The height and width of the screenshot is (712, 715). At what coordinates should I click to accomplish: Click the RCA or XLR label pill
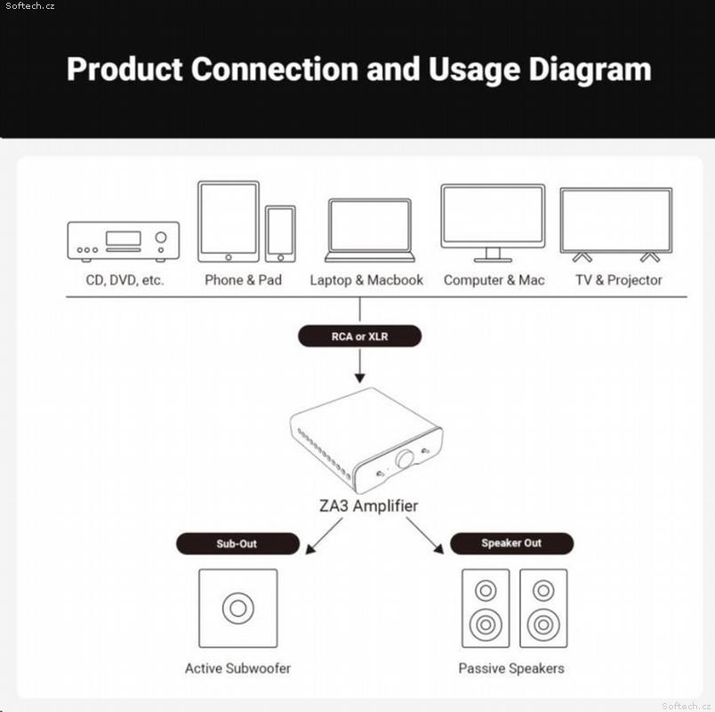pyautogui.click(x=360, y=336)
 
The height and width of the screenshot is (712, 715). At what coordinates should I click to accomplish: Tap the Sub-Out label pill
pyautogui.click(x=237, y=544)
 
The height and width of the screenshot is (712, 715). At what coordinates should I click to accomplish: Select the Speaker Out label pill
pyautogui.click(x=511, y=543)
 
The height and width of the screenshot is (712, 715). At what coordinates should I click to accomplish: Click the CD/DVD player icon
pyautogui.click(x=123, y=241)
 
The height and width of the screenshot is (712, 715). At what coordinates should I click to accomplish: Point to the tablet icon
pyautogui.click(x=229, y=222)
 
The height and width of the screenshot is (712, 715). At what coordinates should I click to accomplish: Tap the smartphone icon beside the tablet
pyautogui.click(x=280, y=234)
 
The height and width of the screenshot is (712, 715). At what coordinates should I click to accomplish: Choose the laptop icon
pyautogui.click(x=370, y=231)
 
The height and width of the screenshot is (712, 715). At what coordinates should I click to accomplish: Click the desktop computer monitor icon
pyautogui.click(x=493, y=223)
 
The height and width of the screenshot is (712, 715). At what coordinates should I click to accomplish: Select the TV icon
pyautogui.click(x=616, y=225)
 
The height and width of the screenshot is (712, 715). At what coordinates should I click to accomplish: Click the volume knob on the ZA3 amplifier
pyautogui.click(x=404, y=458)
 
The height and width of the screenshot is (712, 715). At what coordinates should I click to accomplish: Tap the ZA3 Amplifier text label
pyautogui.click(x=368, y=506)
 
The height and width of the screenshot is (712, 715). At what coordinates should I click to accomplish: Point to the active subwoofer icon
pyautogui.click(x=238, y=608)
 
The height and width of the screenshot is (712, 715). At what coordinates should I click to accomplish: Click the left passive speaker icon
pyautogui.click(x=486, y=608)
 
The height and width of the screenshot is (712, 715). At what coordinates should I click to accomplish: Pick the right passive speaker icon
pyautogui.click(x=543, y=608)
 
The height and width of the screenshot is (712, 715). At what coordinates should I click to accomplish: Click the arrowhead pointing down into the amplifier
pyautogui.click(x=360, y=378)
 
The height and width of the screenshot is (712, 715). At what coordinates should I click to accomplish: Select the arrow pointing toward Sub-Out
pyautogui.click(x=324, y=536)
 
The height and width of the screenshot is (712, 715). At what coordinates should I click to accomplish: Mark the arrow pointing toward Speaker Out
pyautogui.click(x=424, y=536)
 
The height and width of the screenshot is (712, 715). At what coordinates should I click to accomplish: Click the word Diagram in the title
pyautogui.click(x=590, y=69)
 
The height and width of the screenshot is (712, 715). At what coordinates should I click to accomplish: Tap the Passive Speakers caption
pyautogui.click(x=511, y=668)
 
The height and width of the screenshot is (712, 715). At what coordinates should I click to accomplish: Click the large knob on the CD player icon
pyautogui.click(x=161, y=238)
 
